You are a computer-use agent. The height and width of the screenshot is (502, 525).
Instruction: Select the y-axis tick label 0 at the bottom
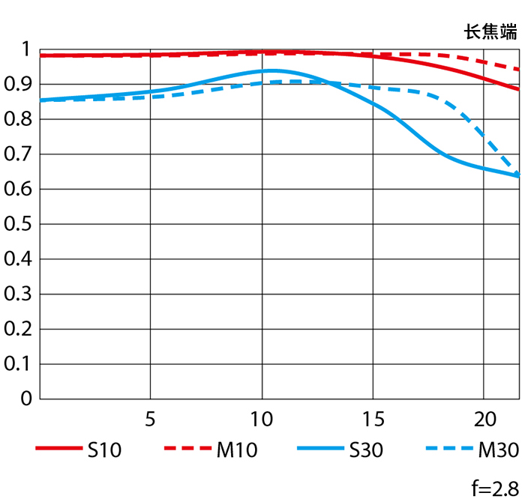(x=26, y=399)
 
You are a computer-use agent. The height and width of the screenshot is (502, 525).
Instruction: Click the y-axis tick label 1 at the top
(x=26, y=49)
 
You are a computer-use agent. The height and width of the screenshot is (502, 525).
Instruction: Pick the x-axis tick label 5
(x=151, y=417)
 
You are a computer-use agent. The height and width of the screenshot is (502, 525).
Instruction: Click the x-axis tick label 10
(x=262, y=417)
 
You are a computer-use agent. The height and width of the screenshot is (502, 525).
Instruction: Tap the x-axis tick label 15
(x=373, y=417)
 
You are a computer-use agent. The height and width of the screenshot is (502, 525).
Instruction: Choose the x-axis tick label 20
(x=484, y=417)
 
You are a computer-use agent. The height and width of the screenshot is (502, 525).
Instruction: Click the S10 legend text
(x=105, y=450)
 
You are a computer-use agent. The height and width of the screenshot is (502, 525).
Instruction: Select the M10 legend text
(x=237, y=450)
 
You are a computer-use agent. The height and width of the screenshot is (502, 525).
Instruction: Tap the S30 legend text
(x=366, y=450)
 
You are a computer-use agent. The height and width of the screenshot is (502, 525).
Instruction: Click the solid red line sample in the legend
(x=58, y=450)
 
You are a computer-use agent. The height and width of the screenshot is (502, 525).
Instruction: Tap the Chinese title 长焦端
(x=490, y=31)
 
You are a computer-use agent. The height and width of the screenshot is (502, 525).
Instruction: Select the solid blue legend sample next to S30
(x=321, y=450)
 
